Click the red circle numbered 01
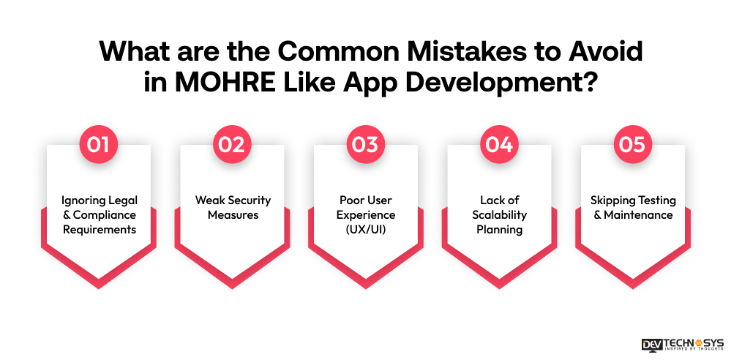pyautogui.click(x=99, y=144)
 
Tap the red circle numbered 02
pyautogui.click(x=232, y=144)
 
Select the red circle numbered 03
pyautogui.click(x=366, y=144)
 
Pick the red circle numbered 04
pyautogui.click(x=499, y=144)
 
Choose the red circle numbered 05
pyautogui.click(x=633, y=144)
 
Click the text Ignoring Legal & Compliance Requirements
pyautogui.click(x=99, y=214)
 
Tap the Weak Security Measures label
pyautogui.click(x=232, y=207)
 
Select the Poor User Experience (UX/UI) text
pyautogui.click(x=366, y=214)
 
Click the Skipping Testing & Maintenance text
pyautogui.click(x=633, y=207)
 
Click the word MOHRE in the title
pyautogui.click(x=211, y=80)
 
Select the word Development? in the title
pyautogui.click(x=504, y=80)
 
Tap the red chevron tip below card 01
pyautogui.click(x=99, y=282)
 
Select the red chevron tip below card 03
pyautogui.click(x=366, y=282)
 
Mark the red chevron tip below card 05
pyautogui.click(x=633, y=282)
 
